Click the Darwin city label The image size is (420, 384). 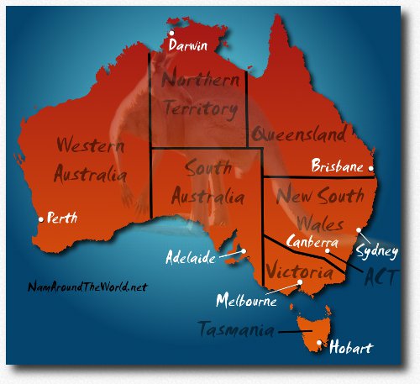(x=187, y=45)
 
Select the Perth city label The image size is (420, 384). (x=62, y=218)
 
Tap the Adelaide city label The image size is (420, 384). (x=189, y=256)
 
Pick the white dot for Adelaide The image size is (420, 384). (x=242, y=250)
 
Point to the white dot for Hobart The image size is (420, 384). (x=318, y=343)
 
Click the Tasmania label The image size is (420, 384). (x=236, y=329)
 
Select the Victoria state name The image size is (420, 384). (x=297, y=271)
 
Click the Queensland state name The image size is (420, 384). (x=298, y=134)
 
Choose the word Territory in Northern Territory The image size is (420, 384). (x=199, y=108)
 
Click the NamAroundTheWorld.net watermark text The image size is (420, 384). (x=87, y=287)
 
